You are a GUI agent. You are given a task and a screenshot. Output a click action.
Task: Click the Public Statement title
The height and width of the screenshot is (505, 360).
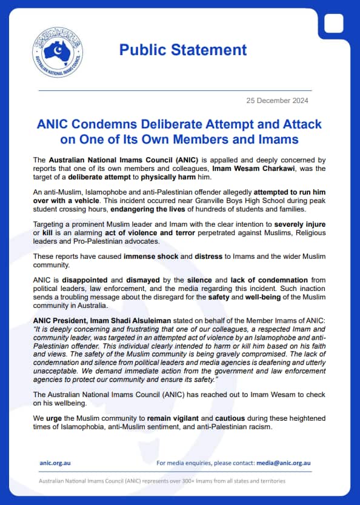click(x=182, y=50)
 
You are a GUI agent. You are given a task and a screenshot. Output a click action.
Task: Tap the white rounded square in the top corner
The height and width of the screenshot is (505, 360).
click(x=333, y=22)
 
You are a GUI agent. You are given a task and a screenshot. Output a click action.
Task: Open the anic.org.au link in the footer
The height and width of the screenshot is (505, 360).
click(x=56, y=463)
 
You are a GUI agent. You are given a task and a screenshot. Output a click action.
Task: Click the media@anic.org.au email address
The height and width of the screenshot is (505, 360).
click(x=283, y=463)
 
